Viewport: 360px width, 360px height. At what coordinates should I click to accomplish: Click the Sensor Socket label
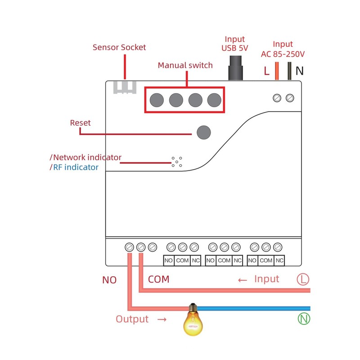pos(119,47)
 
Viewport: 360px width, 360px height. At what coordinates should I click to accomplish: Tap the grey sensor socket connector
pos(125,87)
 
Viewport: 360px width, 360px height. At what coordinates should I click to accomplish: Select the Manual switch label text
pos(185,65)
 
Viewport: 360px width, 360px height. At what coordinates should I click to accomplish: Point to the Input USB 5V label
pos(235,44)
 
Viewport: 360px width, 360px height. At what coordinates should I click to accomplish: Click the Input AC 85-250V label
pos(283,49)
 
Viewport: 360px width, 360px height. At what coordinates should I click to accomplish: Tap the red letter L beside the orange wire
pos(266,71)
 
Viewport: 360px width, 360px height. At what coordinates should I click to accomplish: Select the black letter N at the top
pos(300,71)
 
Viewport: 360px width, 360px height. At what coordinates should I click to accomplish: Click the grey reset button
pos(204,132)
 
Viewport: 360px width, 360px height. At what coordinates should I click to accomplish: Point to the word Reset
pos(81,123)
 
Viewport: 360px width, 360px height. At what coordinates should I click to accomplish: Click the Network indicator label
pos(85,157)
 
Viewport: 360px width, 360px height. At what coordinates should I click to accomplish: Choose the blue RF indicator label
pos(74,167)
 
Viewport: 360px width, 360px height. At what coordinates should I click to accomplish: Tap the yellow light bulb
pos(193,319)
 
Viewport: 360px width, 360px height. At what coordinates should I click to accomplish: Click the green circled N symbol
pos(304,319)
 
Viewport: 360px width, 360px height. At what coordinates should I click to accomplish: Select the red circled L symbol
pos(303,279)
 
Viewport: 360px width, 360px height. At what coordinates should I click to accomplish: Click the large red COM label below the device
pos(159,279)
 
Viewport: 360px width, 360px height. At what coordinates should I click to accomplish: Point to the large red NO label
pos(109,280)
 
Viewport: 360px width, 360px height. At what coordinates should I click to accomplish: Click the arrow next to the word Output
pos(162,319)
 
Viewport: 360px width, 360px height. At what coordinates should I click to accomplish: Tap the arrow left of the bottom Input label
pos(243,280)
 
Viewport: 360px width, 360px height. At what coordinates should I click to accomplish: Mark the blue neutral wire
pos(253,308)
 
